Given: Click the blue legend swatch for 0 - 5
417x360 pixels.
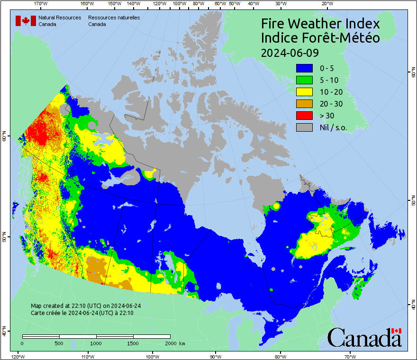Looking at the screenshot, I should [304, 68].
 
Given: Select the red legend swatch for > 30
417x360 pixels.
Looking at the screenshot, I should [304, 115].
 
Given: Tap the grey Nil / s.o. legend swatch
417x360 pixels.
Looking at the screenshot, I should [304, 127].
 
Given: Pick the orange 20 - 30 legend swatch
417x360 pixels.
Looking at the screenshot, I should [304, 103].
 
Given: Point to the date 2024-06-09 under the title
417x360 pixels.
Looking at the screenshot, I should [290, 52].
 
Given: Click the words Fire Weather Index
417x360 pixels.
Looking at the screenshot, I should [320, 24].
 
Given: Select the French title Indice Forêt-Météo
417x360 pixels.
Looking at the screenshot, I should [320, 38].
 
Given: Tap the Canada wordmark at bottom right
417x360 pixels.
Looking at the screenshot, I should [364, 337].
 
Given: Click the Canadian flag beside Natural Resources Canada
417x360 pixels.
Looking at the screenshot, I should [26, 20].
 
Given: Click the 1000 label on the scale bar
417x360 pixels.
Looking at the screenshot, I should [96, 343].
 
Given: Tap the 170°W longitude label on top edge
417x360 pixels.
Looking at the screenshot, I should [41, 4].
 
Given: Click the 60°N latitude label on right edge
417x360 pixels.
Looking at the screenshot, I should [412, 74].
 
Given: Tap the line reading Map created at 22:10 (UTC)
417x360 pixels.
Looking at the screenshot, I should [86, 306].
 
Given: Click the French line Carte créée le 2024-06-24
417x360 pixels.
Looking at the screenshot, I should [82, 313].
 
